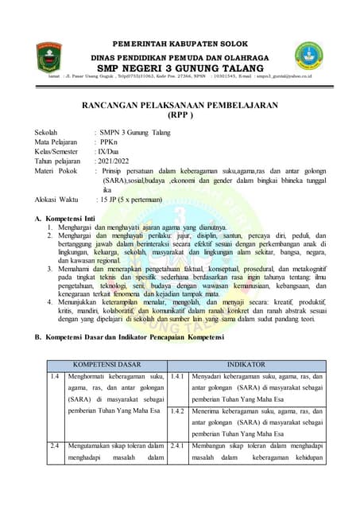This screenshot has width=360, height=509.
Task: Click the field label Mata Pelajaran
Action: (59, 141)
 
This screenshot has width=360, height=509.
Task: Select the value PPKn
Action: (110, 141)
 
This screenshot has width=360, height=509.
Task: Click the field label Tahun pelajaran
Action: (59, 160)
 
